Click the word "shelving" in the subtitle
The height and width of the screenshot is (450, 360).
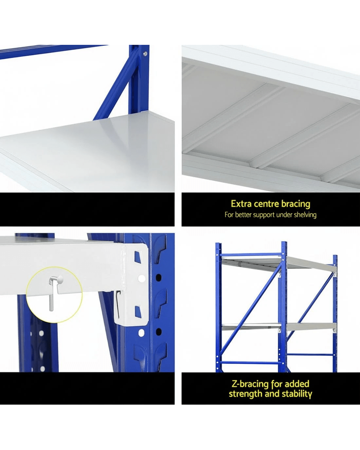tap(305, 215)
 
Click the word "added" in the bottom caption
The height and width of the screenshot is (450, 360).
tap(297, 384)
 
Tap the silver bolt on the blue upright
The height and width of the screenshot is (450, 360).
tap(145, 54)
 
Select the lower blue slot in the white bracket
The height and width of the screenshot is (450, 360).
tap(137, 311)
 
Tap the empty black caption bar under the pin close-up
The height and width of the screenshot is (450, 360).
tap(87, 388)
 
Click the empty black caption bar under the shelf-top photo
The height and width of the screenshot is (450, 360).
tap(87, 209)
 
